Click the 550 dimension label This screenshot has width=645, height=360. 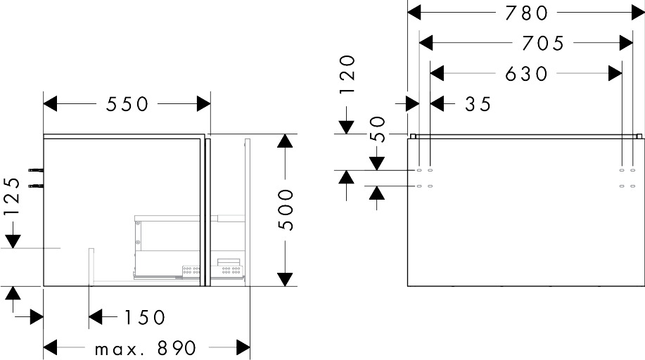pyautogui.click(x=127, y=104)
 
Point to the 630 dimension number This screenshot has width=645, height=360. pyautogui.click(x=526, y=73)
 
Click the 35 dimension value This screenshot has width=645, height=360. pyautogui.click(x=477, y=104)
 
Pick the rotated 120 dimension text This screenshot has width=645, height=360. pyautogui.click(x=347, y=75)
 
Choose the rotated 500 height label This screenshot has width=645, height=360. pyautogui.click(x=285, y=210)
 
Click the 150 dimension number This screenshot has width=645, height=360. pyautogui.click(x=144, y=318)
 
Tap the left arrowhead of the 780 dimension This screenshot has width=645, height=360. pyautogui.click(x=416, y=13)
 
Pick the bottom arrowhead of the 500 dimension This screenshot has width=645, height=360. pyautogui.click(x=285, y=278)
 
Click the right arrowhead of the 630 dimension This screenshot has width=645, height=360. pyautogui.click(x=615, y=73)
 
